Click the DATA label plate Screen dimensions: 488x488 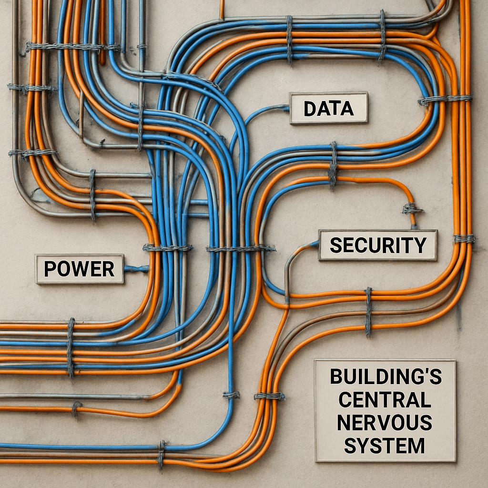coord(328,108)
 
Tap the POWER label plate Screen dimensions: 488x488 coord(79,269)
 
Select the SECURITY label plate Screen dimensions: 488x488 coord(377,245)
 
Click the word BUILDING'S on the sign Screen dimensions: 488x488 coord(386,377)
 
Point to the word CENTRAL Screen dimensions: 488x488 coord(385,400)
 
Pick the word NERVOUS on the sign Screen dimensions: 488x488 coord(385,423)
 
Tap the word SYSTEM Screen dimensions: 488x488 coord(385,446)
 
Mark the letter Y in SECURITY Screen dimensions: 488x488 coord(419,245)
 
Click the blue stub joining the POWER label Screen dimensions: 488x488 coord(135,269)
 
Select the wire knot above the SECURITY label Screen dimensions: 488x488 coord(411,208)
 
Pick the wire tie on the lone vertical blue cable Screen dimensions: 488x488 coord(232,395)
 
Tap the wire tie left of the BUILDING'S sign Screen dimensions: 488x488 coord(269,396)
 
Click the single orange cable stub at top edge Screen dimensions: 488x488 coord(222,9)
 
